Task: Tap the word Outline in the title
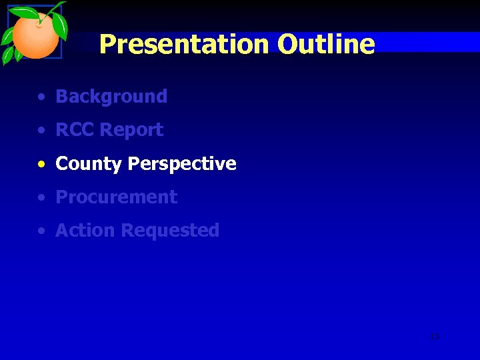coord(326,45)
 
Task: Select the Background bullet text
coord(111,97)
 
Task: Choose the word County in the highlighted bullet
coord(89,164)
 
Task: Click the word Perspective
coord(182,164)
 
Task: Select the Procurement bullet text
coord(116,197)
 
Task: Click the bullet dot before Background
coord(42,97)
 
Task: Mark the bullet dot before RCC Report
coord(42,131)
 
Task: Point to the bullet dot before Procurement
coord(42,198)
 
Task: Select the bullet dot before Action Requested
coord(42,231)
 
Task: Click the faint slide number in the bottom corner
coord(435,337)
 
